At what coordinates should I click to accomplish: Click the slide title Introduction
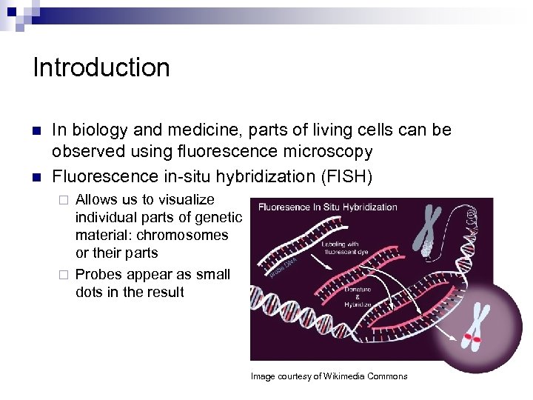(101, 67)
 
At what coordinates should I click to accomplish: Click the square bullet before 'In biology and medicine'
(36, 130)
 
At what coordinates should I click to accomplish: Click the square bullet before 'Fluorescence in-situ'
(36, 177)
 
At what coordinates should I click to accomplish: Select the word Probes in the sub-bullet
(98, 274)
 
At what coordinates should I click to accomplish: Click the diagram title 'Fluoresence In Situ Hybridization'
(327, 207)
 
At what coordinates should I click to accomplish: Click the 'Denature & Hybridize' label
(358, 297)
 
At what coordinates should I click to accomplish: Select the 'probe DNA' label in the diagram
(283, 267)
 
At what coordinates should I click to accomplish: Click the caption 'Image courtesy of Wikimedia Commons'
(329, 376)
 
